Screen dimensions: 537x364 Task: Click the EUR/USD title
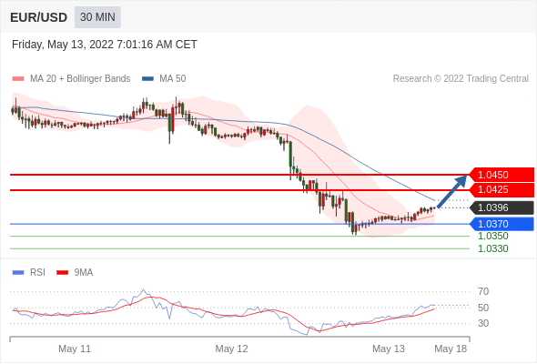(x=39, y=17)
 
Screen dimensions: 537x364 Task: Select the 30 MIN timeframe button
(x=97, y=17)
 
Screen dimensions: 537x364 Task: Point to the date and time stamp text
(x=105, y=45)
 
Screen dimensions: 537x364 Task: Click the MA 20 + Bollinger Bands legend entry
(x=71, y=79)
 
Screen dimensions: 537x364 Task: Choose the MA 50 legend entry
(x=164, y=79)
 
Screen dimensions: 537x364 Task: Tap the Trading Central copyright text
(x=461, y=79)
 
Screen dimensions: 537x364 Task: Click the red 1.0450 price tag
(x=502, y=175)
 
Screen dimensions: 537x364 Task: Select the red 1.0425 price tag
(x=502, y=189)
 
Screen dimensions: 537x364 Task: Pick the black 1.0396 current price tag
(x=502, y=207)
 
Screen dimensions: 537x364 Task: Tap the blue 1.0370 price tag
(x=502, y=224)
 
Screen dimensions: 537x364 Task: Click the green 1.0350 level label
(x=492, y=236)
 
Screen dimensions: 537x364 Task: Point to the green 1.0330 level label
(x=492, y=248)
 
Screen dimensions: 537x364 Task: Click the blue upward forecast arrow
(x=452, y=191)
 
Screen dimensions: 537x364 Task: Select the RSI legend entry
(x=29, y=273)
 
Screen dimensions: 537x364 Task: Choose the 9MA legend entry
(x=75, y=273)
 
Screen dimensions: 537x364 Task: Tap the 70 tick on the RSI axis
(x=483, y=292)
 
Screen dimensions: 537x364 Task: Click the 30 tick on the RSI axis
(x=483, y=323)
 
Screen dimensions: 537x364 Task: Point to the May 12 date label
(x=231, y=349)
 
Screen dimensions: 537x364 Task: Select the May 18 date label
(x=451, y=349)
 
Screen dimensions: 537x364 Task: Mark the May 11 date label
(x=75, y=349)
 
